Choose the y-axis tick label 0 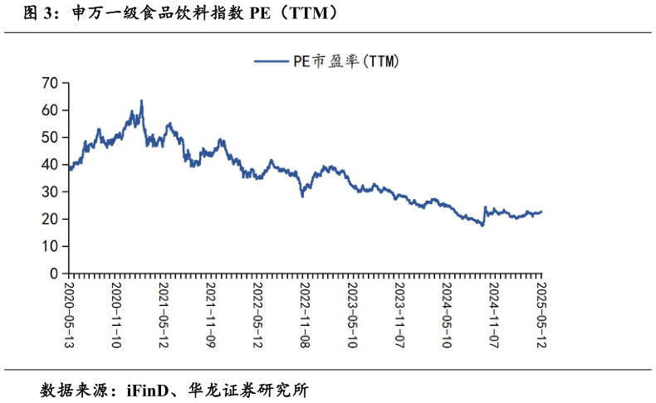tap(54, 274)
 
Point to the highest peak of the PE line tap(141, 101)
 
